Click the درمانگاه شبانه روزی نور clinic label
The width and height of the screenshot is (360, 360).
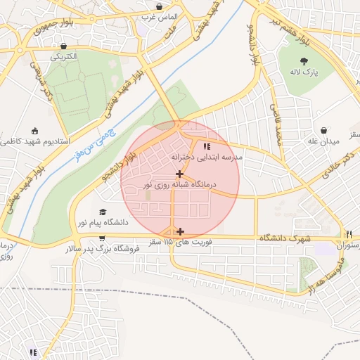[x=180, y=184]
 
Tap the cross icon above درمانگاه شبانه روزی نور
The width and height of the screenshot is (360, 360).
[x=180, y=173]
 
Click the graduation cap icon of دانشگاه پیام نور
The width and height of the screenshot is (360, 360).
[x=103, y=212]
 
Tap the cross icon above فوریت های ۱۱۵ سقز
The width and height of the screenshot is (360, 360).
[x=181, y=231]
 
